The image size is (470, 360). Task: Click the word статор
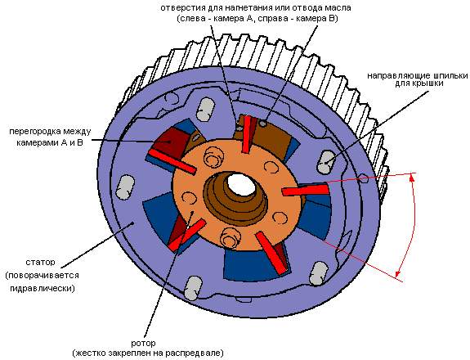pos(41,262)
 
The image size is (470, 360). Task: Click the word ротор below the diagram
pos(143,344)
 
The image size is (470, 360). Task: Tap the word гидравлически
pos(43,289)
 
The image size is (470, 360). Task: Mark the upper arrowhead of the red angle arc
pos(412,178)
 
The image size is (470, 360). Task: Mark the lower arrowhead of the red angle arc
pos(398,273)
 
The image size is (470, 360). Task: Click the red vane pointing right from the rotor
pos(306,191)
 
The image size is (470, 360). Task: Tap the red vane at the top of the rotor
pos(247,134)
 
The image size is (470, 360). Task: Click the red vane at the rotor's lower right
pos(272,253)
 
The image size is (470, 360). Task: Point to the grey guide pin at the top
pos(206,110)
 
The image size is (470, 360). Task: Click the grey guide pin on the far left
pos(125,187)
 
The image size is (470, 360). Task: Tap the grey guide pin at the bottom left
pos(193,288)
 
